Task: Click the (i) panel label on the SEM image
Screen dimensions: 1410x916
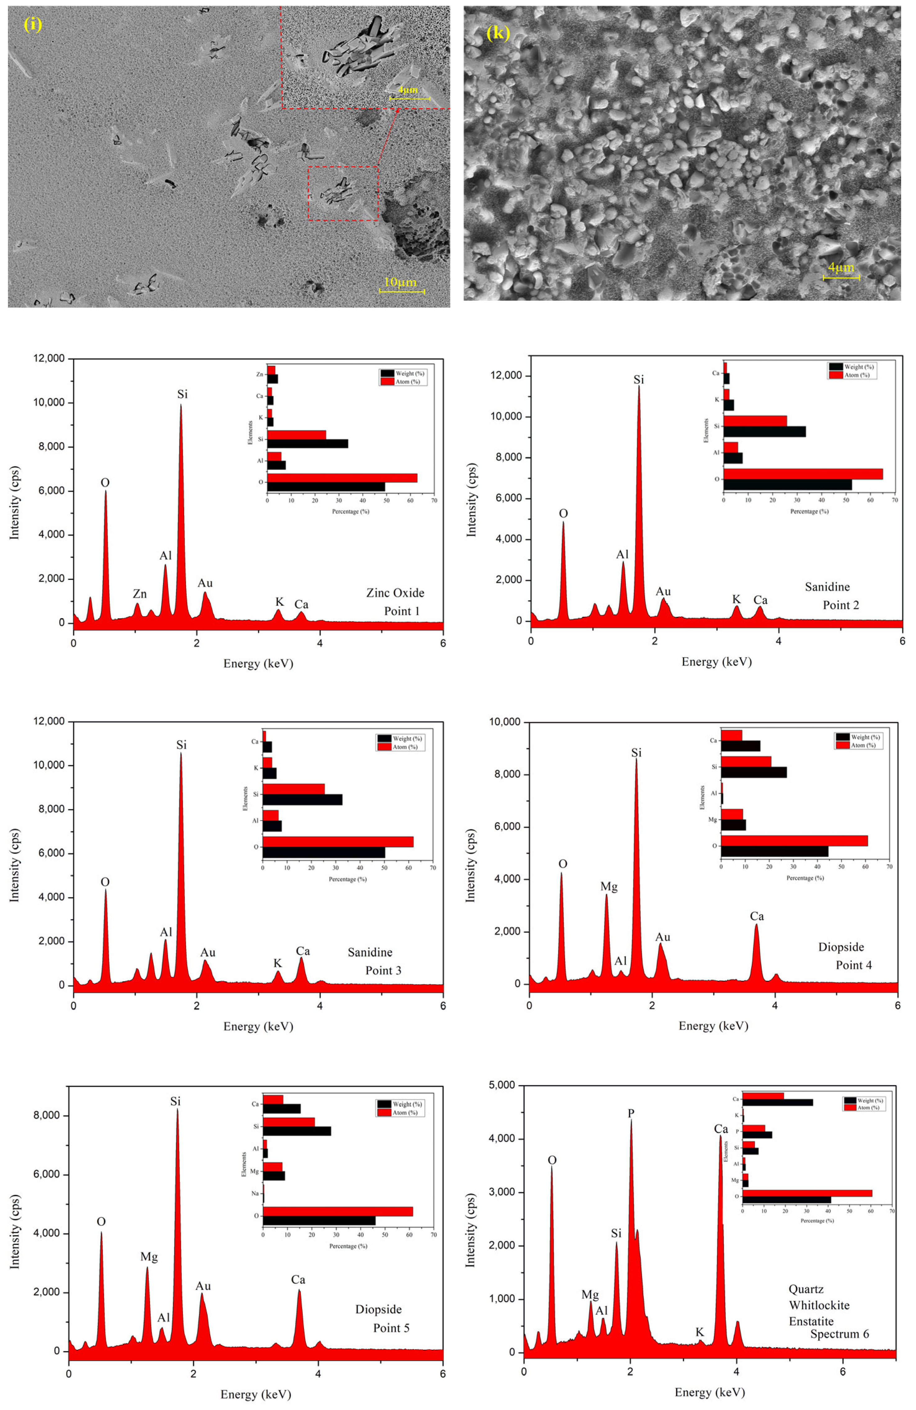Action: pyautogui.click(x=33, y=24)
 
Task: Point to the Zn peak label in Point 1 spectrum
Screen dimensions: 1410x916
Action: pyautogui.click(x=140, y=594)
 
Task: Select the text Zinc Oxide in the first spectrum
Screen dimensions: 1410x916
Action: pyautogui.click(x=395, y=592)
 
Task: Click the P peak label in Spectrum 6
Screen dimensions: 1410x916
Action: pyautogui.click(x=631, y=1113)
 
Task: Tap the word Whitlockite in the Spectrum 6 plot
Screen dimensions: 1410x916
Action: pyautogui.click(x=819, y=1305)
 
